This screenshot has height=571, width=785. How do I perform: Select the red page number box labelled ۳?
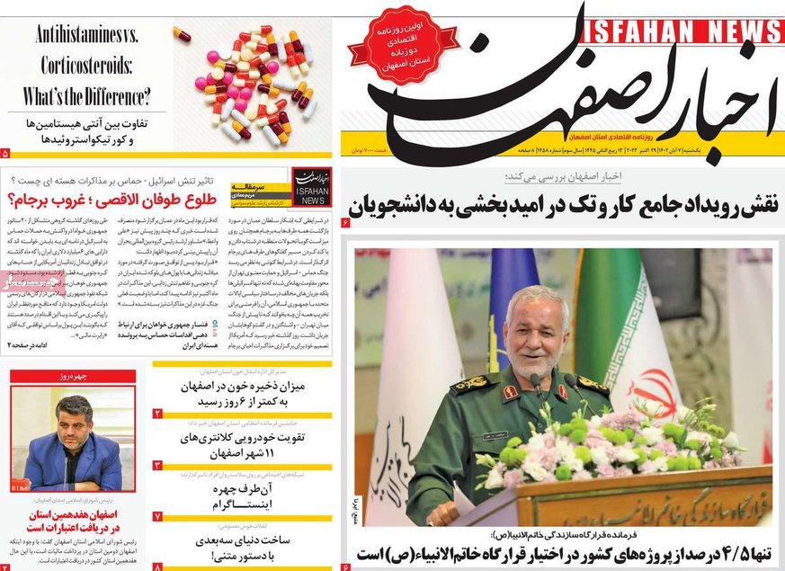pyautogui.click(x=157, y=465)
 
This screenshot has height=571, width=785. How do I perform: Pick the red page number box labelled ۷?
pyautogui.click(x=157, y=516)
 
